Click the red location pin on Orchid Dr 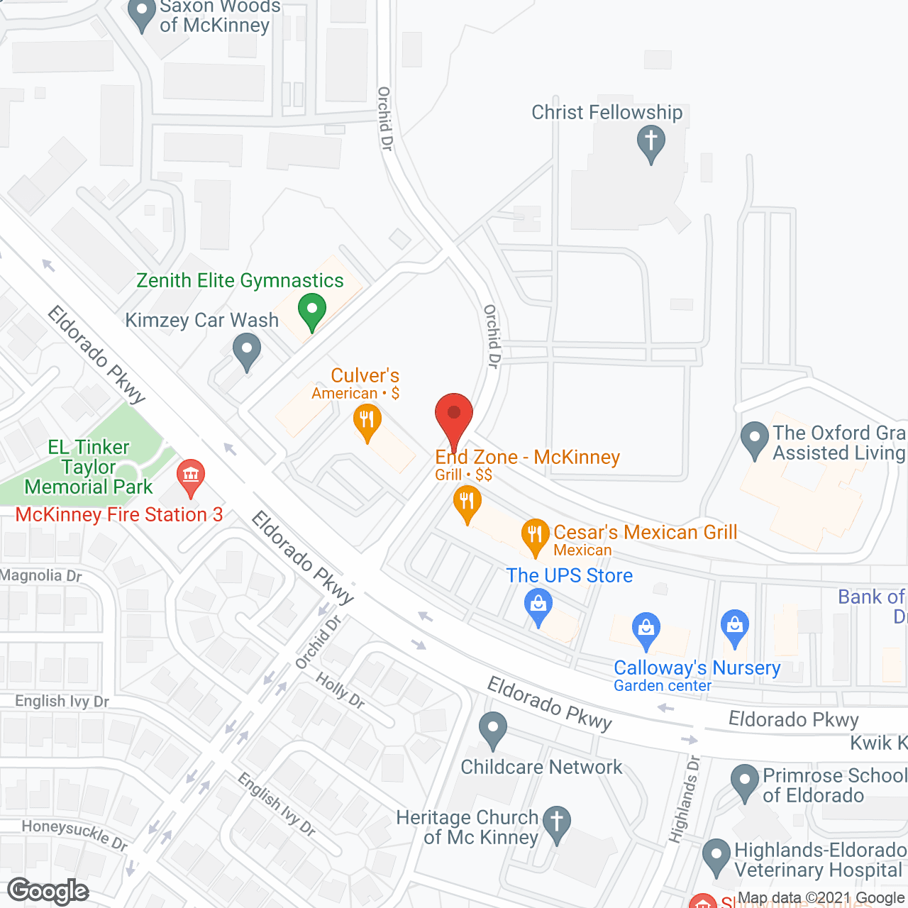pyautogui.click(x=453, y=415)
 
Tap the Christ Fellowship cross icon pyautogui.click(x=650, y=142)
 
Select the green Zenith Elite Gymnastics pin pyautogui.click(x=311, y=311)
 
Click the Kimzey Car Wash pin pyautogui.click(x=246, y=350)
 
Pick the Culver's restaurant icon pyautogui.click(x=367, y=421)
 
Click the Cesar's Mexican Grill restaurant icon pyautogui.click(x=535, y=536)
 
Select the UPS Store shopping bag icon pyautogui.click(x=538, y=607)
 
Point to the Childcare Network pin pyautogui.click(x=492, y=729)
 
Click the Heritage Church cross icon pyautogui.click(x=557, y=823)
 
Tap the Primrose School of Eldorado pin pyautogui.click(x=745, y=781)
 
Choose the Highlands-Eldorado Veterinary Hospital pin pyautogui.click(x=716, y=856)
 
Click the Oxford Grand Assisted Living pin pyautogui.click(x=754, y=439)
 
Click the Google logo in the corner pyautogui.click(x=48, y=891)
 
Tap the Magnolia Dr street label pyautogui.click(x=41, y=575)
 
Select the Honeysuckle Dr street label pyautogui.click(x=74, y=835)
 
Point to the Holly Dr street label pyautogui.click(x=340, y=691)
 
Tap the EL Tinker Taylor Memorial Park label pyautogui.click(x=89, y=467)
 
